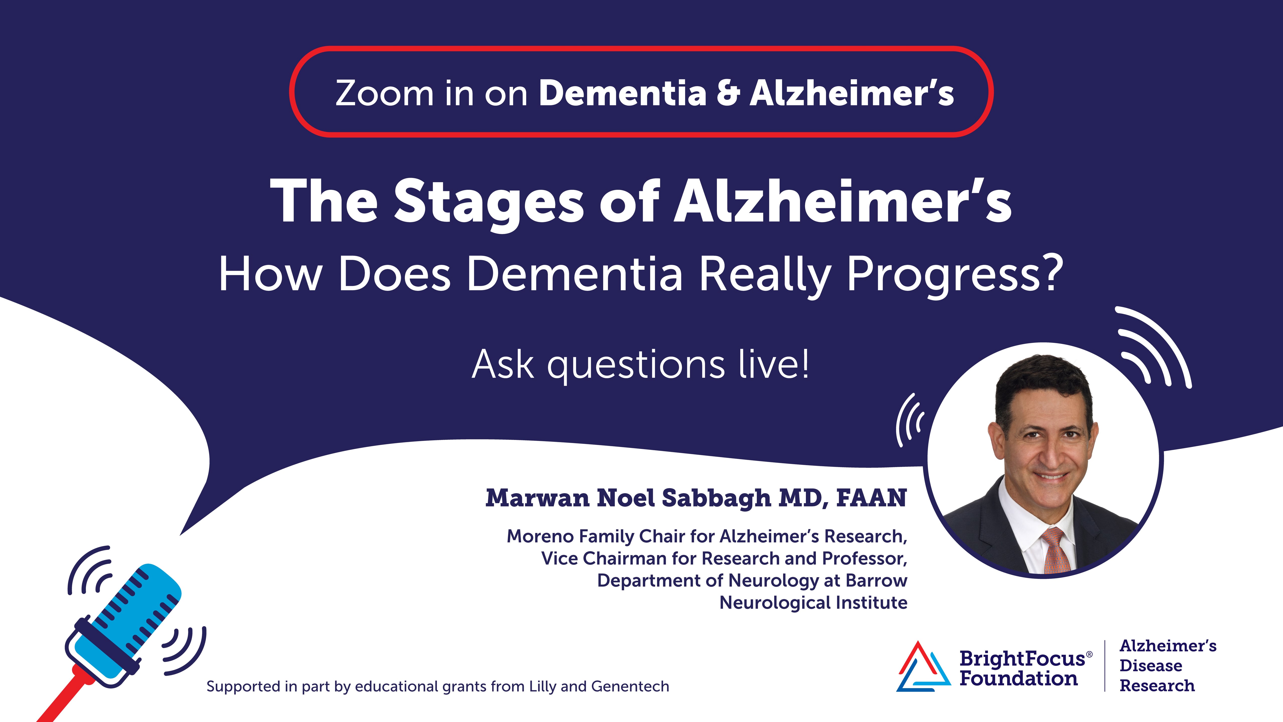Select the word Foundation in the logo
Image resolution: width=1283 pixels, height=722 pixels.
pyautogui.click(x=1019, y=679)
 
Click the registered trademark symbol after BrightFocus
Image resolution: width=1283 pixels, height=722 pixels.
pyautogui.click(x=1089, y=654)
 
